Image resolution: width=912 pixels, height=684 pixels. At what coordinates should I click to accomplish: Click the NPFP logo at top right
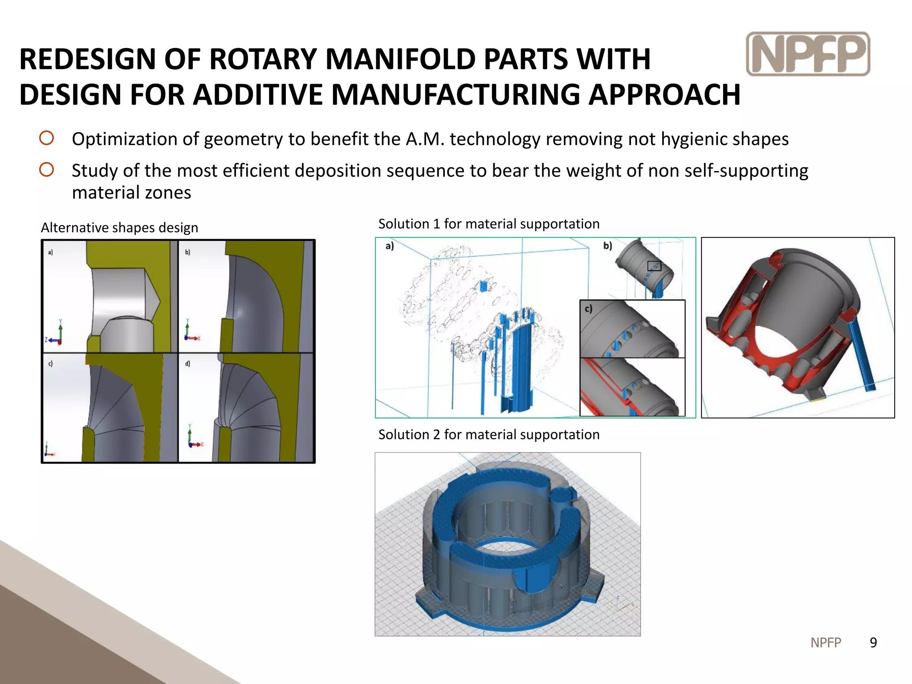808,54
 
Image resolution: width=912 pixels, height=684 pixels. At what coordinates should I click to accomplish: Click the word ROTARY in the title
262,59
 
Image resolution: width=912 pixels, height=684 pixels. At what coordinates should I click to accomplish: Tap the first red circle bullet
46,138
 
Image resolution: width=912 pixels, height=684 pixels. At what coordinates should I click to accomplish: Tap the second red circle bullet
46,170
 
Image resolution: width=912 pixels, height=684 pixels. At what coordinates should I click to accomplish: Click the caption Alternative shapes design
119,228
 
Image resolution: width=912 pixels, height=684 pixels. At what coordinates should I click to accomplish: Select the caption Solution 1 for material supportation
489,224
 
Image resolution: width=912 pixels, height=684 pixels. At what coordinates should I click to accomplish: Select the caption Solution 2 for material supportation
489,434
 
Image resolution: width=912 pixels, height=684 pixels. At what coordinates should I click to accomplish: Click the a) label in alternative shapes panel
50,252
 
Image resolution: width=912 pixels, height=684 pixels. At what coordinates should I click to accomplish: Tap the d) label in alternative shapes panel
187,363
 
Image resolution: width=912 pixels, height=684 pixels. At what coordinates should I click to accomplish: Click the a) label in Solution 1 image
390,246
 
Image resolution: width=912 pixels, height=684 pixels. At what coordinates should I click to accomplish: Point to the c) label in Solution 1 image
588,309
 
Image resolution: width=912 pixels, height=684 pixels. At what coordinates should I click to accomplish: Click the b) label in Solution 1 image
607,246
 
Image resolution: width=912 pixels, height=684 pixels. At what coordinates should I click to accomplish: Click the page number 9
873,642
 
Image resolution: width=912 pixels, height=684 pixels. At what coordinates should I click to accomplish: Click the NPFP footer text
826,642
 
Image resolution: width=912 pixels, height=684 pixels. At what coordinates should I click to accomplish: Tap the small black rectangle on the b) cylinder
654,266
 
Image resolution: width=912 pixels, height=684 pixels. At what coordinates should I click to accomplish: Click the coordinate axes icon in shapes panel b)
191,332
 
